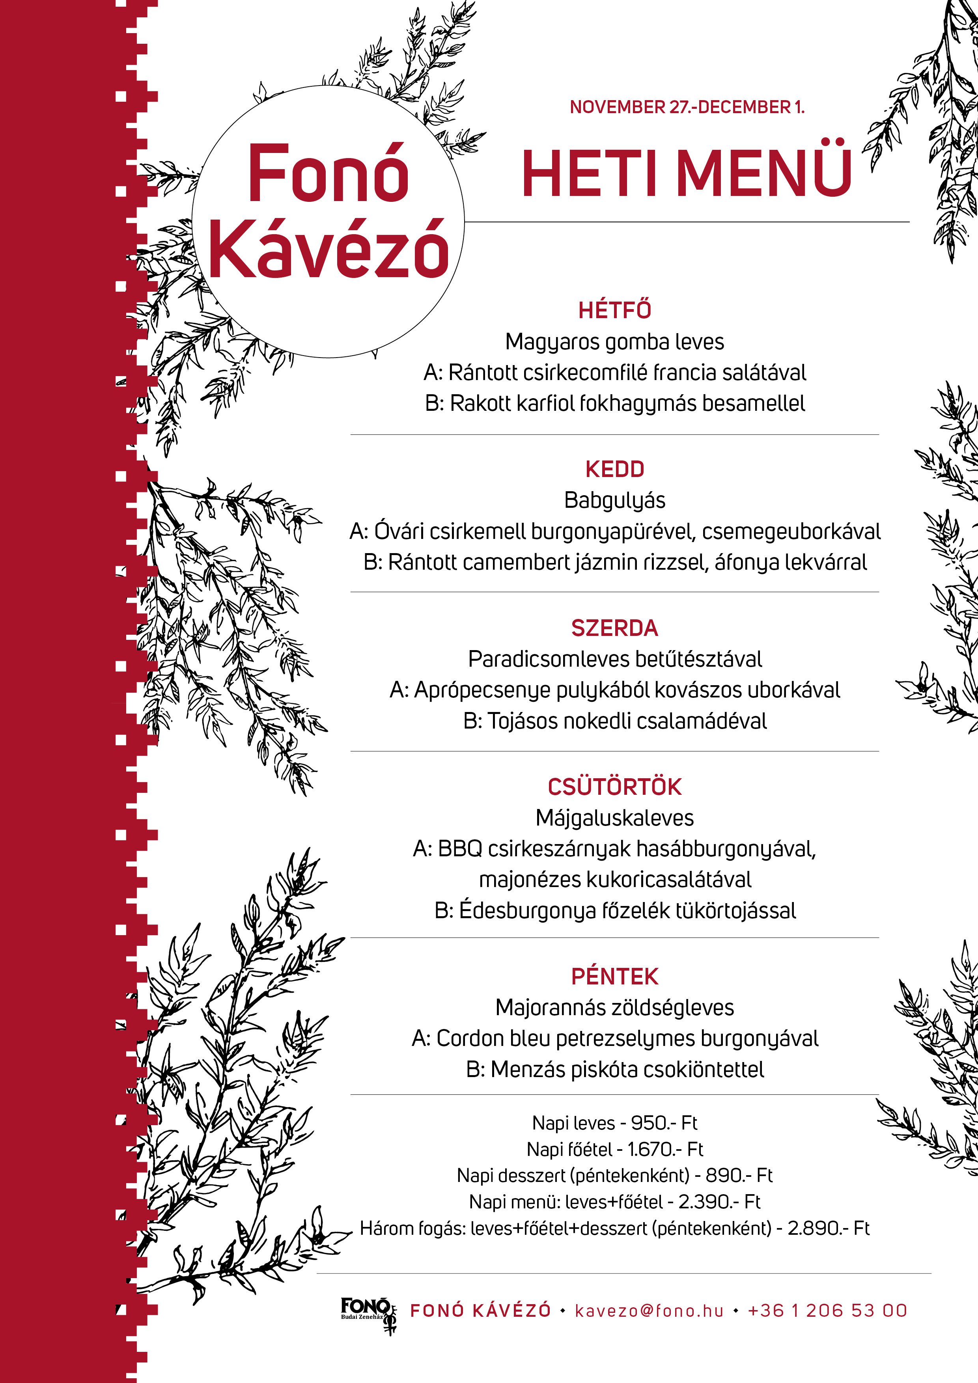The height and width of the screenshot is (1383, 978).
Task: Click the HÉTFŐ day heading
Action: click(x=615, y=310)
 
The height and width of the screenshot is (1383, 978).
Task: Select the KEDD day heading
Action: click(x=615, y=469)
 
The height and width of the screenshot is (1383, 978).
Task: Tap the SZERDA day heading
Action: click(x=615, y=628)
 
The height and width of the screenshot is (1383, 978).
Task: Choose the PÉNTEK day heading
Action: click(x=615, y=977)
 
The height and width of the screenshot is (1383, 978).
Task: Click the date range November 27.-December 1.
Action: click(x=687, y=107)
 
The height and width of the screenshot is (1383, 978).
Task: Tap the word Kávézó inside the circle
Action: click(x=329, y=248)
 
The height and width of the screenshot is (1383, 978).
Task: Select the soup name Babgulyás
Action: click(x=615, y=501)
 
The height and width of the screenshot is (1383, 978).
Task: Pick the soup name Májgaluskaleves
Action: click(x=615, y=818)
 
